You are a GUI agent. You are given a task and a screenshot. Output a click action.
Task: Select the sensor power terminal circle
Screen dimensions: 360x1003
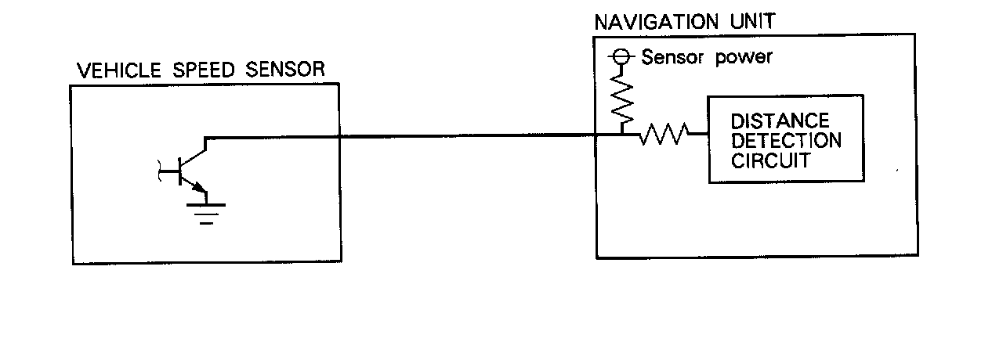pyautogui.click(x=620, y=57)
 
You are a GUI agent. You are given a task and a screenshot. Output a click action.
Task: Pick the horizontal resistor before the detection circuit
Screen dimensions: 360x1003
pyautogui.click(x=664, y=136)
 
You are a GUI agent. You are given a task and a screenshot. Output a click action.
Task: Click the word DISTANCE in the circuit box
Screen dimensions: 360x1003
pyautogui.click(x=779, y=122)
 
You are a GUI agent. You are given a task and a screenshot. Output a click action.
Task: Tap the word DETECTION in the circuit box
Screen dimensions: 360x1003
pyautogui.click(x=786, y=142)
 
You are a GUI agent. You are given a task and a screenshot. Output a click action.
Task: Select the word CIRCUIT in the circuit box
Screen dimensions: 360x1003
pyautogui.click(x=770, y=161)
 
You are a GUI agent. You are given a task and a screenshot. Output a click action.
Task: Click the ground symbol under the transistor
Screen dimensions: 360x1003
pyautogui.click(x=205, y=210)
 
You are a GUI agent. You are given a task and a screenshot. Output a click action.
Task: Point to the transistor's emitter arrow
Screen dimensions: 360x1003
pyautogui.click(x=199, y=188)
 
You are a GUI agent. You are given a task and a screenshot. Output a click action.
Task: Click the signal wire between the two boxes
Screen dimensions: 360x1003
pyautogui.click(x=470, y=137)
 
